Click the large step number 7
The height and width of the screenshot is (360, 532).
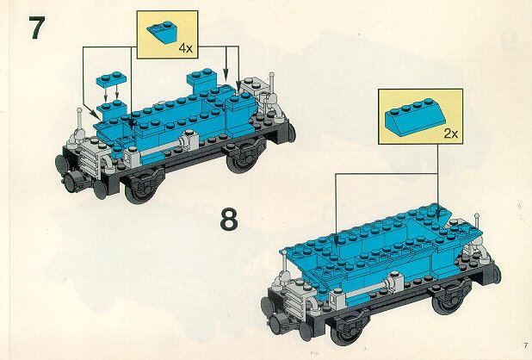pyautogui.click(x=37, y=28)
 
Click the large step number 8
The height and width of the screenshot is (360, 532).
pyautogui.click(x=229, y=220)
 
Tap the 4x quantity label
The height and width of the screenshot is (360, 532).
pyautogui.click(x=186, y=48)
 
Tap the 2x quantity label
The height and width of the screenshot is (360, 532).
pyautogui.click(x=450, y=133)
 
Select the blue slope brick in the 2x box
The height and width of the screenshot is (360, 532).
pyautogui.click(x=415, y=117)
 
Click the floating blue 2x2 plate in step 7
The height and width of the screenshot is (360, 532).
pyautogui.click(x=111, y=79)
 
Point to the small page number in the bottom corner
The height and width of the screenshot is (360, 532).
pyautogui.click(x=526, y=345)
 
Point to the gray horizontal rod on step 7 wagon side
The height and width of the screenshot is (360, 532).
pyautogui.click(x=161, y=149)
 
